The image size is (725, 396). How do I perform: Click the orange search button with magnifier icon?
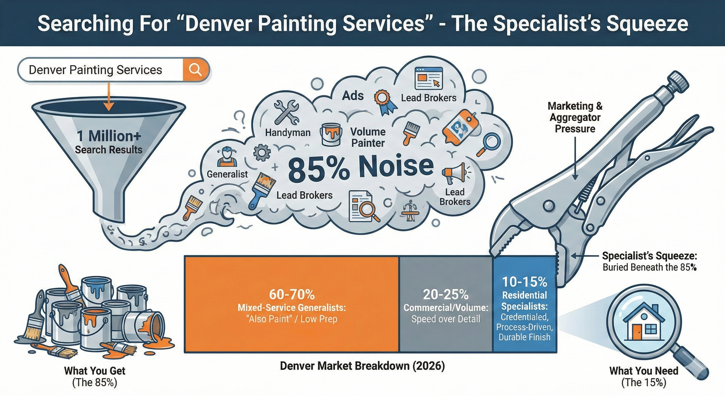coord(195,69)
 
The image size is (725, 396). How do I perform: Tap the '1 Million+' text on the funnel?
coord(109,136)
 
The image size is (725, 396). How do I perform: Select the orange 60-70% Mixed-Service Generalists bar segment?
coord(292,304)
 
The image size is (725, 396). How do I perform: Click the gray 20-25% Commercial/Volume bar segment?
coord(446,304)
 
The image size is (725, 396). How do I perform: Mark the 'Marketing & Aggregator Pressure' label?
coord(575,117)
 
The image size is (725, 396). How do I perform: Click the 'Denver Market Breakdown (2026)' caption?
coord(362,366)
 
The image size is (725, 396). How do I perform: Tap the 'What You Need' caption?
coord(644,371)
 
